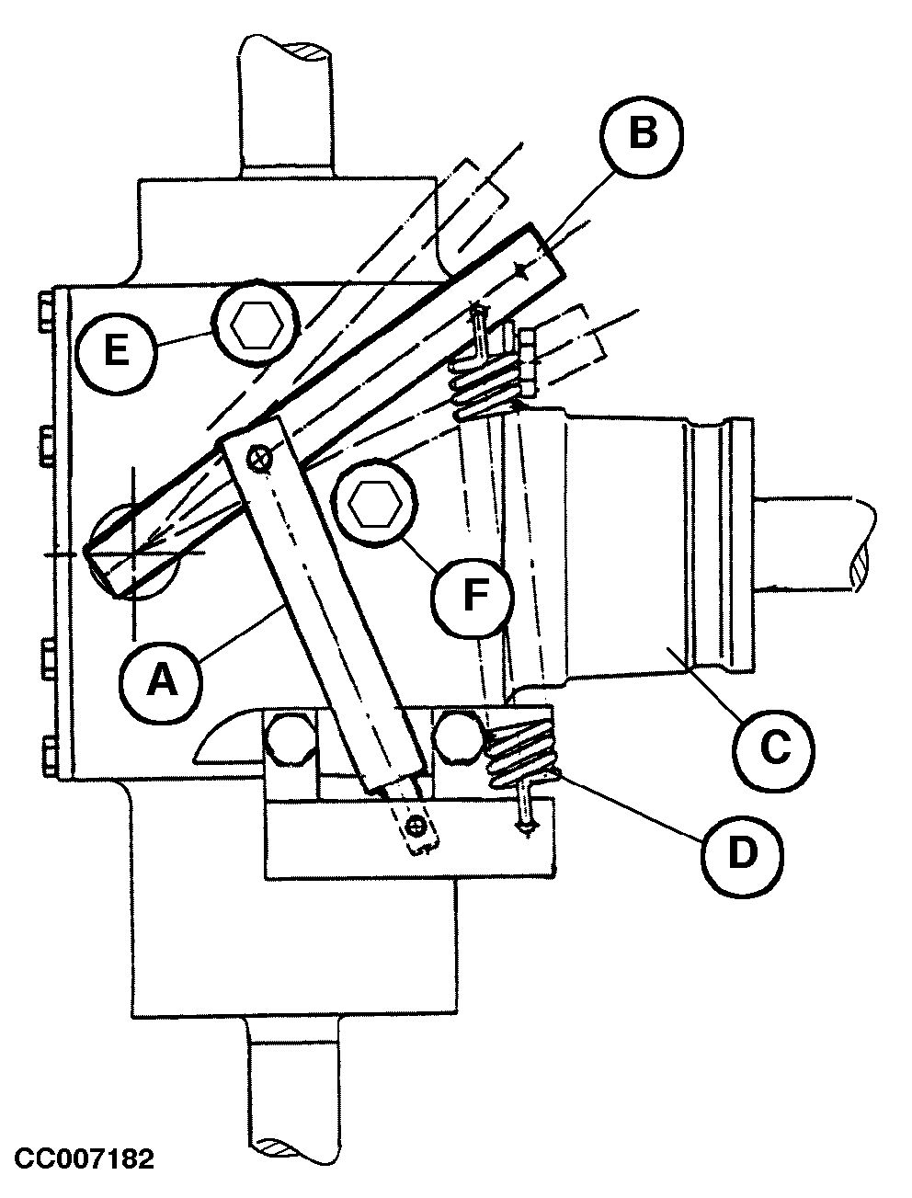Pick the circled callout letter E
(x=117, y=351)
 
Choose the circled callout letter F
(x=473, y=597)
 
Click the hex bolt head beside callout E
(x=256, y=324)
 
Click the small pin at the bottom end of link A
(x=418, y=828)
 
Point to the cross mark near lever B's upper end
(x=522, y=268)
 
